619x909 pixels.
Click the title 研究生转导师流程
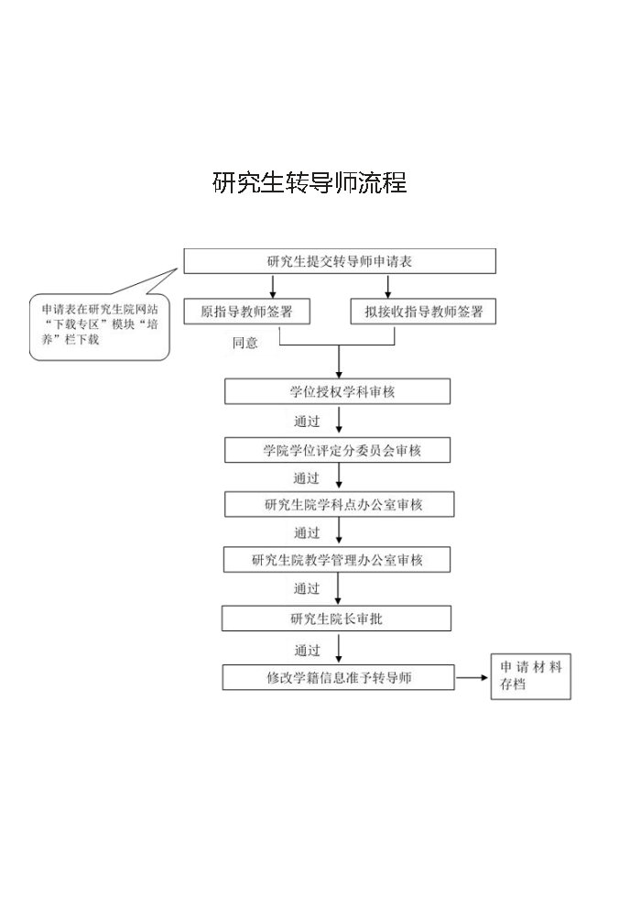(x=309, y=182)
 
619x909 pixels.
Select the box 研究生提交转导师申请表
(x=340, y=261)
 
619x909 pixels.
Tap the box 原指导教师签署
(x=246, y=312)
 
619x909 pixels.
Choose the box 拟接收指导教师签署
(x=423, y=312)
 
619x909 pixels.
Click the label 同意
(x=244, y=343)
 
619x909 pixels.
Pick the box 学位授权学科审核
(x=337, y=391)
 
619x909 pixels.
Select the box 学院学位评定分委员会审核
(x=337, y=450)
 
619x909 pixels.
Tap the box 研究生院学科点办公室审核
(x=340, y=504)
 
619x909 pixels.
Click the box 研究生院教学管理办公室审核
(x=337, y=560)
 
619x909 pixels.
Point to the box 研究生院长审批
(x=336, y=619)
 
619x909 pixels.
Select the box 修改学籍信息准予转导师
(x=338, y=677)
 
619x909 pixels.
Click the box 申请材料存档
(x=531, y=676)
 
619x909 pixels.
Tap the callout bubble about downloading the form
(x=99, y=329)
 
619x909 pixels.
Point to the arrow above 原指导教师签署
(x=273, y=286)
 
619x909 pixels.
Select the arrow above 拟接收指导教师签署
(x=388, y=286)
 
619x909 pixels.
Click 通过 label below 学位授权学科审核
(x=307, y=421)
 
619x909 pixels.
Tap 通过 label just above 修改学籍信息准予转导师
(x=307, y=650)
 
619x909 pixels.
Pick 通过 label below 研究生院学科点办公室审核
(x=307, y=532)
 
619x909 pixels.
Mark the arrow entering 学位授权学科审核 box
(x=339, y=362)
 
